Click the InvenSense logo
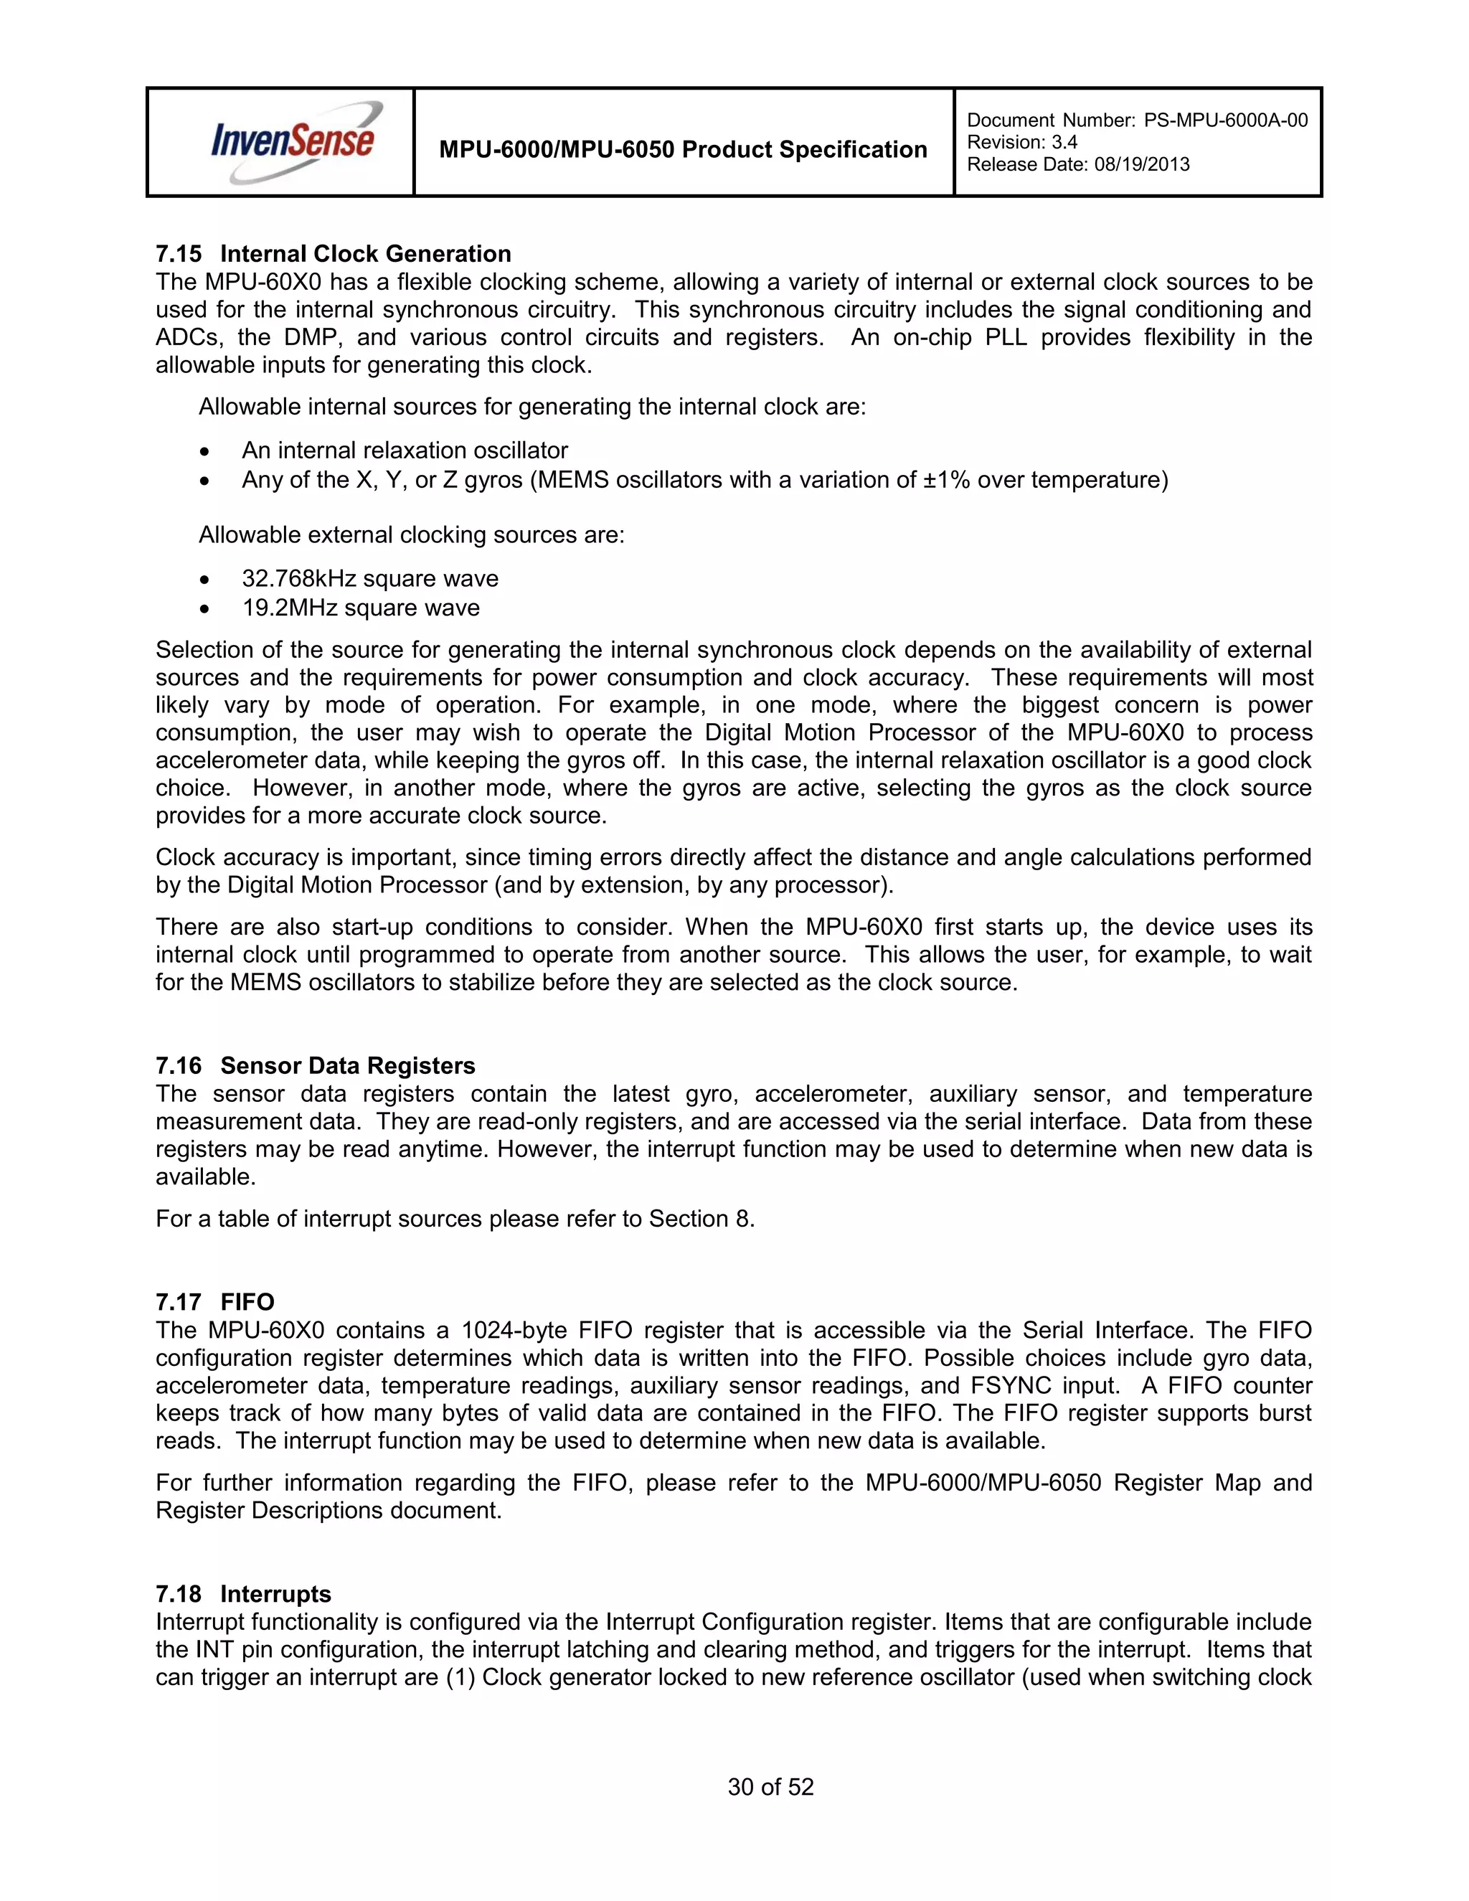(x=294, y=142)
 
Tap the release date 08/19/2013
(x=1141, y=164)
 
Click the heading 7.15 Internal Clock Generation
(x=334, y=253)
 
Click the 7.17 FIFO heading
(x=215, y=1302)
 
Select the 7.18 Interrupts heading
(x=244, y=1594)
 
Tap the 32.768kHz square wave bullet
(x=370, y=578)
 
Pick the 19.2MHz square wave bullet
(x=360, y=608)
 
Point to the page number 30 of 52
(x=770, y=1787)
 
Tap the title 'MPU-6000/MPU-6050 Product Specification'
(x=683, y=150)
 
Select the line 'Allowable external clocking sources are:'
(x=412, y=534)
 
